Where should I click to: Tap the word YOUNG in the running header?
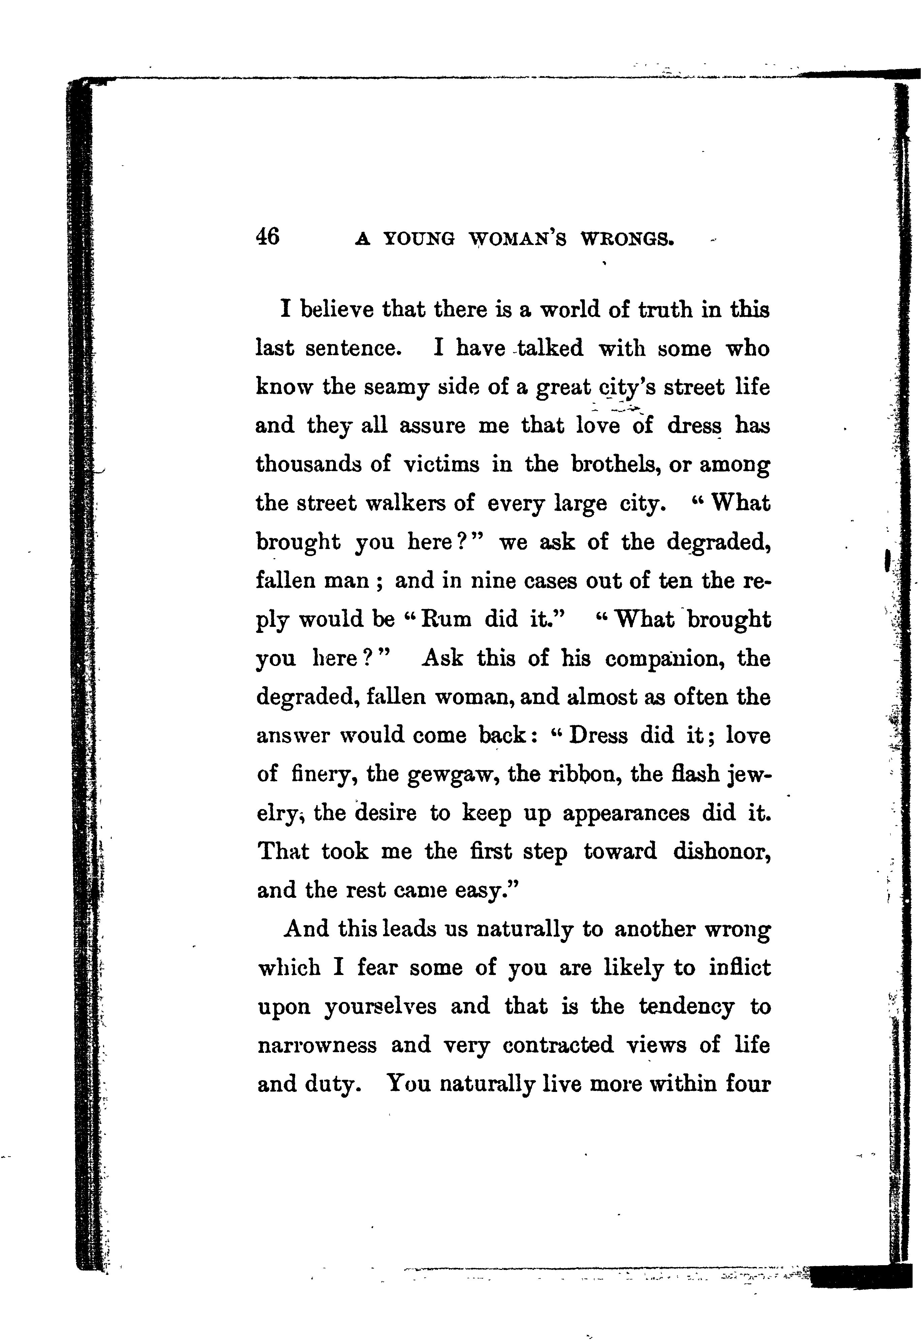pyautogui.click(x=419, y=238)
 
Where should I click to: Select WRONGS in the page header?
pyautogui.click(x=627, y=238)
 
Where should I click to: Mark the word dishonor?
pyautogui.click(x=721, y=852)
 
